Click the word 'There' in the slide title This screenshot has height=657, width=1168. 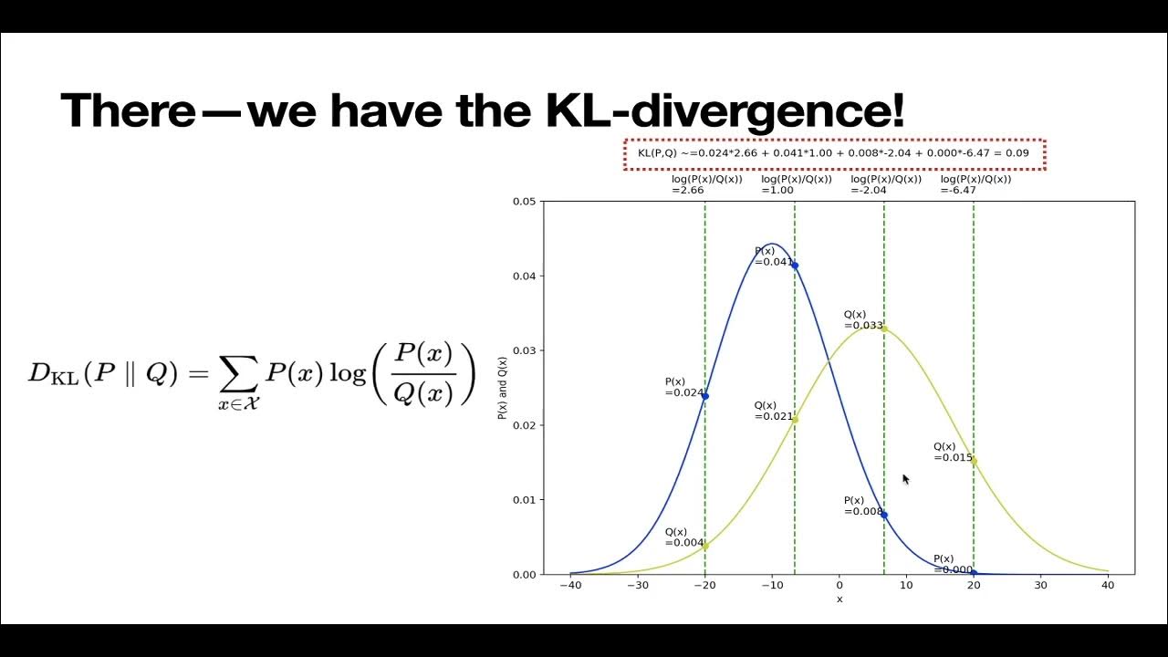[128, 110]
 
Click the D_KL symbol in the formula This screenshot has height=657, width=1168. [53, 374]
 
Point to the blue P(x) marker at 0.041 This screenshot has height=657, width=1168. [795, 266]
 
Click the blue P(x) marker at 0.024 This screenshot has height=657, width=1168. [704, 396]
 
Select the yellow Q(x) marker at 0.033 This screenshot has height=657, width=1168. [884, 328]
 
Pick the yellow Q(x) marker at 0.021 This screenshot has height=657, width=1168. [795, 420]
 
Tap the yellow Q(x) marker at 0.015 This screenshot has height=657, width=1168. [974, 461]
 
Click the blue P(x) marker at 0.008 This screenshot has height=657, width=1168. [884, 516]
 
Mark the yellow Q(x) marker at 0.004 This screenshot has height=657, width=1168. [704, 547]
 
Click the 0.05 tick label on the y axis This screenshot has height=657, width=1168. [524, 202]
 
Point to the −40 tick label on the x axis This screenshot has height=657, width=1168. [569, 585]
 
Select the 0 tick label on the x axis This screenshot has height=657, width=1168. [839, 585]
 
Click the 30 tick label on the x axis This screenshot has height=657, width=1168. [1040, 585]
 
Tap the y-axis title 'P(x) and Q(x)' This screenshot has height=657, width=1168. [503, 387]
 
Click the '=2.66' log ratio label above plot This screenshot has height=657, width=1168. [689, 191]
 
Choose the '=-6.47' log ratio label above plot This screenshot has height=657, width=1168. [958, 191]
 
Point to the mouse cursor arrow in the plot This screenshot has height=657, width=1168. [905, 479]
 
